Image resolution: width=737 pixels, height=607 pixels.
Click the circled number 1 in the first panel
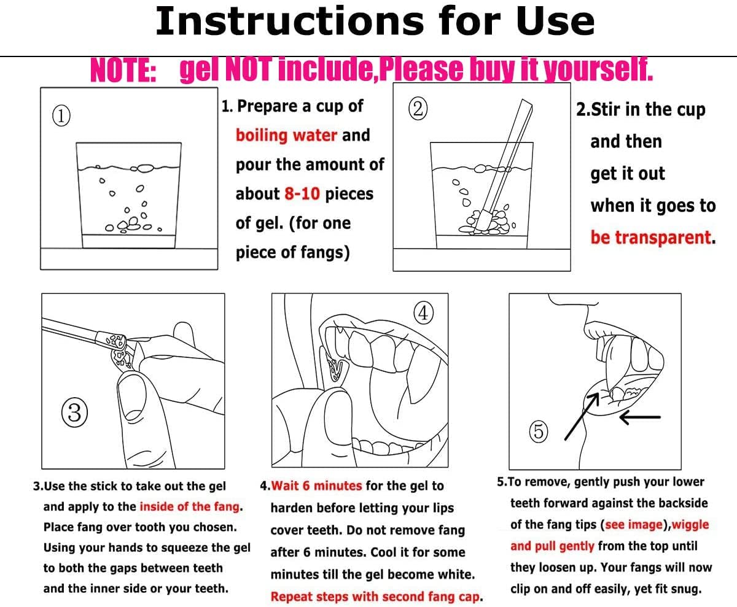pos(61,115)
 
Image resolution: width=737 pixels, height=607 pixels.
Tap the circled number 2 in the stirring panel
pos(418,109)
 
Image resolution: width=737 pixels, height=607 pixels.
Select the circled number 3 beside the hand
pos(74,412)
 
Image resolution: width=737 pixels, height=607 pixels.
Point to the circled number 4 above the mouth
pos(423,313)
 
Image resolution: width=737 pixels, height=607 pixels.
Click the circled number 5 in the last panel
pos(539,431)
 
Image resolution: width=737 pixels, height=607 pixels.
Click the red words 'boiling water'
pos(286,136)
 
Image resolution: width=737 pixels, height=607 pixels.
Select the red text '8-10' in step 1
pos(302,193)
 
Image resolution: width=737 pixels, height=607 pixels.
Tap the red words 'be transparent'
pos(650,237)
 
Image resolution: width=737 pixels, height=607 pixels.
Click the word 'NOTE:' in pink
pos(123,71)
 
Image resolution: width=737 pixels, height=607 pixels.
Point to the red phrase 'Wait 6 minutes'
pos(316,485)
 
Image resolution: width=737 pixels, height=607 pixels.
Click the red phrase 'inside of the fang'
pos(190,506)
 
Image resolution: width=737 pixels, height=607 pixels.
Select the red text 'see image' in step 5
pos(634,525)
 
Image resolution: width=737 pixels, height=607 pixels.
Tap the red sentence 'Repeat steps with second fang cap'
pos(375,597)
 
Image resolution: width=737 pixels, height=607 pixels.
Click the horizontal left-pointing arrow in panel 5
pos(640,417)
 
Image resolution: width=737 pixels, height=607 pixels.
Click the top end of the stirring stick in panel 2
pos(526,102)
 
